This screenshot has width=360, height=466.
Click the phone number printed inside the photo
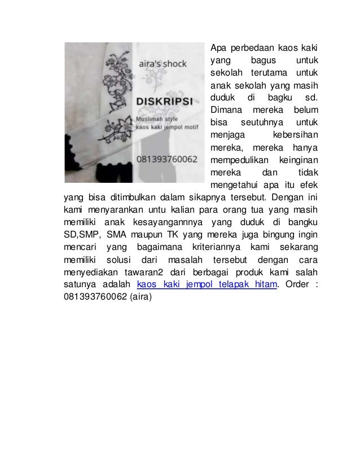coord(167,159)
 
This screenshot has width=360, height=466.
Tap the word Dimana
coord(225,109)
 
